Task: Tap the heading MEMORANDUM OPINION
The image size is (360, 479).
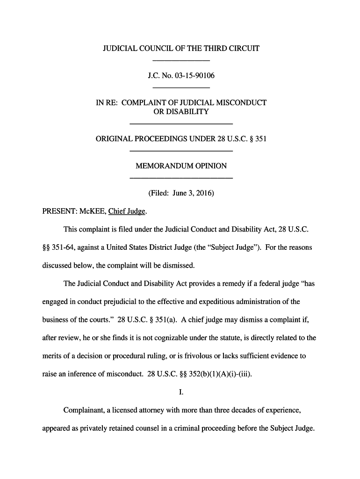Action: click(x=181, y=166)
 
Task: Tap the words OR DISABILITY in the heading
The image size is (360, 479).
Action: click(x=181, y=112)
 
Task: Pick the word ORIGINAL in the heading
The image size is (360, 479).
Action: click(x=115, y=139)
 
